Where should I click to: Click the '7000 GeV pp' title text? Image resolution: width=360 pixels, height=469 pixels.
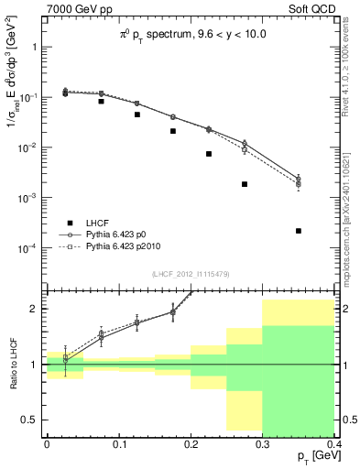click(x=74, y=8)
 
